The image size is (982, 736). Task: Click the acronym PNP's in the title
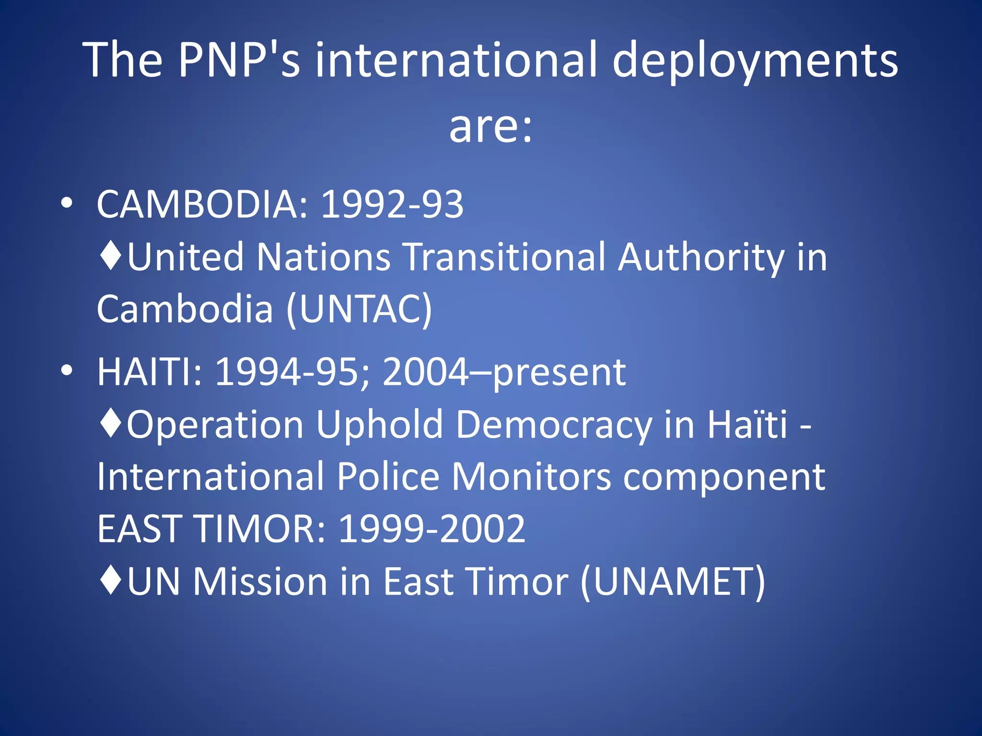coord(239,60)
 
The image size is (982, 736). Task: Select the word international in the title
coord(456,60)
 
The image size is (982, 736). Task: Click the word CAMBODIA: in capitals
coord(204,204)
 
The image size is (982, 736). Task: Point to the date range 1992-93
coord(392,204)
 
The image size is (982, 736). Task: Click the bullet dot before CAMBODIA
coord(67,203)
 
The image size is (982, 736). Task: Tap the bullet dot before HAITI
coord(67,370)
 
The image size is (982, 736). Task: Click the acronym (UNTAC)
coord(360,309)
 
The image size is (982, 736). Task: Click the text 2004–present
coord(504,372)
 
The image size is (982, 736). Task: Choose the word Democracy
coord(554,425)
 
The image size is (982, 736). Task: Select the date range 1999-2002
coord(432,529)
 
